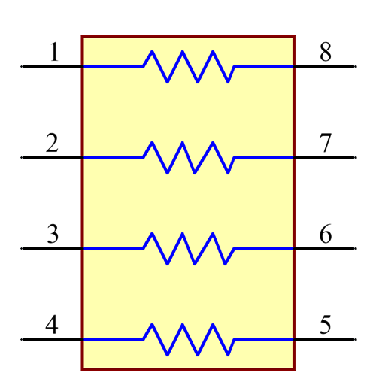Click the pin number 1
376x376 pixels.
[53, 53]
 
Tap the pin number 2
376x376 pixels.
[52, 143]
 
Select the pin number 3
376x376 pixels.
[53, 235]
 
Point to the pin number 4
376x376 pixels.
[52, 326]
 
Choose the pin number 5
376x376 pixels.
[325, 326]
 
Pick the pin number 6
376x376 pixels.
[325, 235]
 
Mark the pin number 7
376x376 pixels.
[325, 143]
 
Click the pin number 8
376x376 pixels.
[325, 53]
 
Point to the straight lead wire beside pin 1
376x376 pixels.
[113, 66]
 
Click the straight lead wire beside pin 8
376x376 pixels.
[263, 66]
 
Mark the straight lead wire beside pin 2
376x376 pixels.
[113, 157]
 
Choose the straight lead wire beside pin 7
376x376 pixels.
[263, 157]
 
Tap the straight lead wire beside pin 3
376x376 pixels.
[113, 248]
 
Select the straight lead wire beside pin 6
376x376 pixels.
[263, 248]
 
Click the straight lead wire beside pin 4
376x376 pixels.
[113, 339]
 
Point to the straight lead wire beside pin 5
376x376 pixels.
[263, 339]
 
